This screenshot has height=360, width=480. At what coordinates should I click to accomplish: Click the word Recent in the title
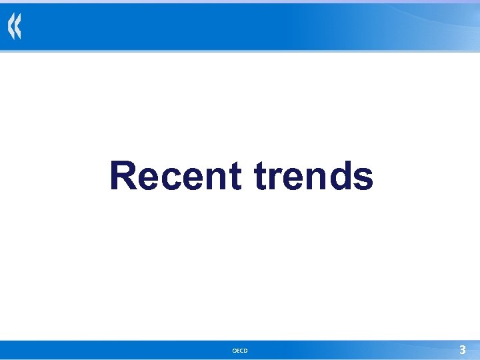pos(175,176)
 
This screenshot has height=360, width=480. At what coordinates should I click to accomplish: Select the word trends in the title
pos(313,176)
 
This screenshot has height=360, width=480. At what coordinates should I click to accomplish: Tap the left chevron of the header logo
pos(11,28)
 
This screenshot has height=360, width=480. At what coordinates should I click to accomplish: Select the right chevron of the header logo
pos(18,28)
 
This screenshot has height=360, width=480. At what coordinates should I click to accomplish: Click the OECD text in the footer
pos(240,351)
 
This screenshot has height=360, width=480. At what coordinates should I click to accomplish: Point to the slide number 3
pos(462,349)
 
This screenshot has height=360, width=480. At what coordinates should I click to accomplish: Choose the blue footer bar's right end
pos(475,349)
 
